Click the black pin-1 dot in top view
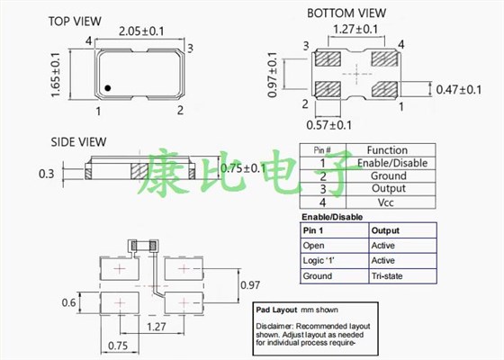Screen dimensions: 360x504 click(106, 88)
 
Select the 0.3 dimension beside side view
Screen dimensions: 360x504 click(47, 173)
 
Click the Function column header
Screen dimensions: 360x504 click(387, 150)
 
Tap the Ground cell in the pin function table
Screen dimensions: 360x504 click(387, 175)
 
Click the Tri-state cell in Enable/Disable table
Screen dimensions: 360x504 click(389, 276)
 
